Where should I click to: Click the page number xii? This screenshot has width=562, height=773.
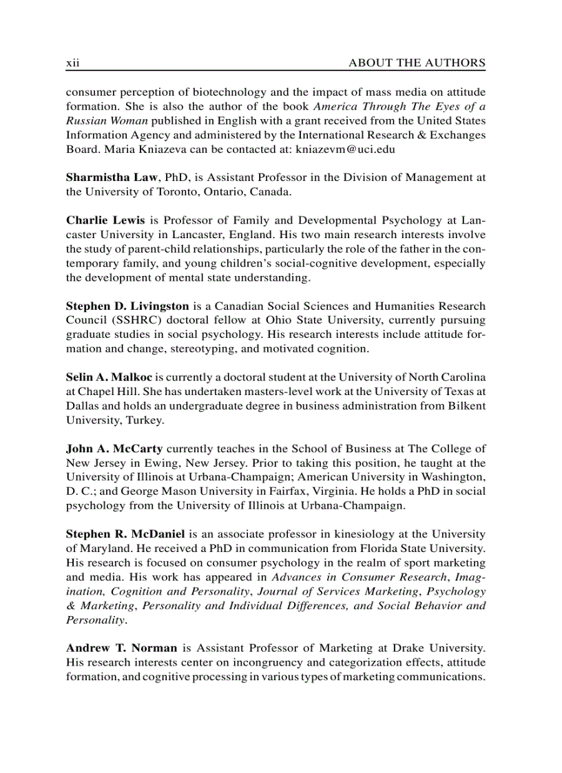pos(73,63)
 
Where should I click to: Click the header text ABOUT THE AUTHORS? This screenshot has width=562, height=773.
pos(417,63)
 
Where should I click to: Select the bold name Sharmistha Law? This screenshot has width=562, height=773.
pos(112,178)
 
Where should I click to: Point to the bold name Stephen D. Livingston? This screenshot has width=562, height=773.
pos(127,306)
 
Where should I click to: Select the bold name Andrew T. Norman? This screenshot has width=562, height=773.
pos(122,648)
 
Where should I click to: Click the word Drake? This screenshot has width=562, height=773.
pos(408,648)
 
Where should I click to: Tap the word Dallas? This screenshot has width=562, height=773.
pos(83,405)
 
